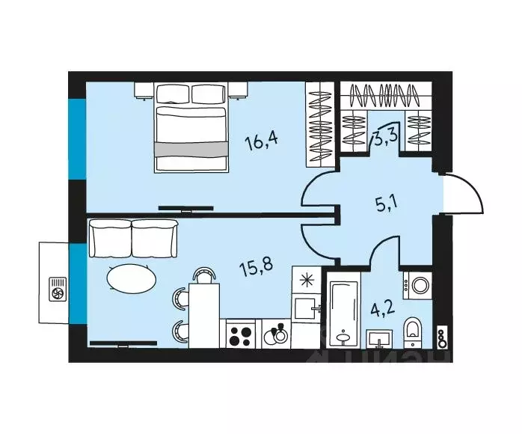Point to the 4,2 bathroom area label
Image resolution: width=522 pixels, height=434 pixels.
point(384,308)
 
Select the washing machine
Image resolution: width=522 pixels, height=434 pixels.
point(418,285)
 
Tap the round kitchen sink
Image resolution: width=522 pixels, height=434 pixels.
point(275,333)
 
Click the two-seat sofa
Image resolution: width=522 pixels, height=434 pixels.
point(135,238)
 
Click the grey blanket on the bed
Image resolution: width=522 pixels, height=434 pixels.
point(190,147)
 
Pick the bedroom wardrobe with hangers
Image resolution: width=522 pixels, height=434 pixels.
point(319,124)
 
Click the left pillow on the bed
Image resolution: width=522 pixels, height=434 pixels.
point(173,94)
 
